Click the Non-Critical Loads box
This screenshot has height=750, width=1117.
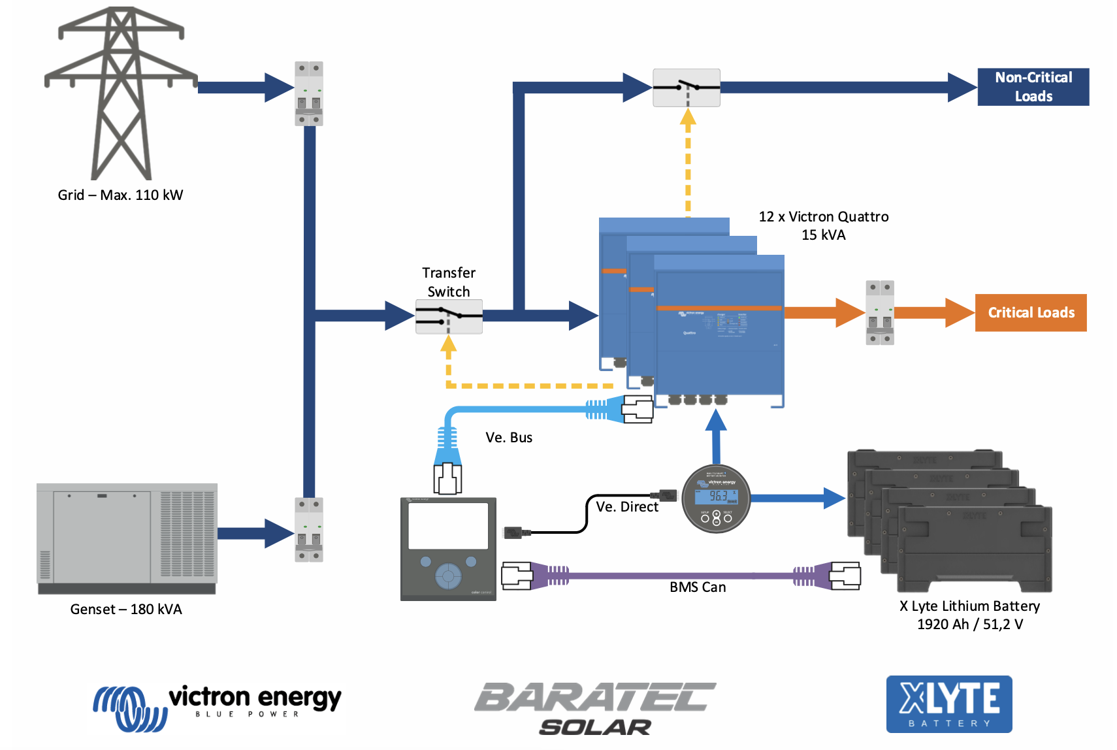click(x=1033, y=87)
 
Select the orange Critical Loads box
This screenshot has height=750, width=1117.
click(x=1030, y=313)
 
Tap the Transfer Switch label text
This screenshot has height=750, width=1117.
click(x=449, y=282)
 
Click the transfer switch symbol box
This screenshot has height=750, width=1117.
click(x=449, y=317)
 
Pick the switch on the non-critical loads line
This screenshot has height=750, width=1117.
click(x=686, y=88)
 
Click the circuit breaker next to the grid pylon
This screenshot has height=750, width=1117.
click(x=309, y=93)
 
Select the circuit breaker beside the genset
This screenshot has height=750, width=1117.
click(x=309, y=530)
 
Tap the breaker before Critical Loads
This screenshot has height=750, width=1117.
click(x=879, y=313)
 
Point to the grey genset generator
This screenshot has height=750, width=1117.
click(x=127, y=538)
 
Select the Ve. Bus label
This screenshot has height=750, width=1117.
click(x=509, y=438)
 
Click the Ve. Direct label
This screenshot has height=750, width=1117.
click(x=626, y=507)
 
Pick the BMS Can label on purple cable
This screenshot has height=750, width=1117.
click(x=698, y=587)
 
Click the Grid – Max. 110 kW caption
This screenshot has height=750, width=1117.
click(x=120, y=195)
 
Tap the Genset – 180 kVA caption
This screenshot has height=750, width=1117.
click(x=126, y=610)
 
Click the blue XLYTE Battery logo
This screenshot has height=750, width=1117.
click(x=948, y=704)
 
